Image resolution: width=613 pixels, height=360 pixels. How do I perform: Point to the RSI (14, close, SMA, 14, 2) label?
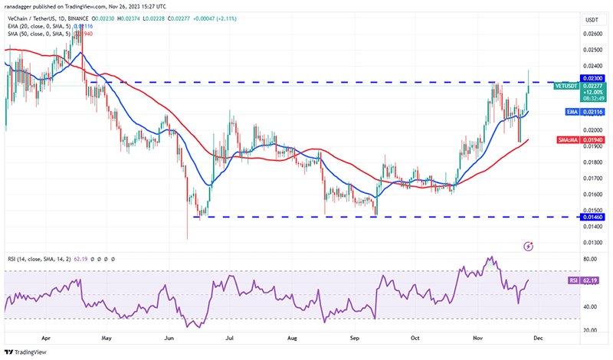click(x=38, y=259)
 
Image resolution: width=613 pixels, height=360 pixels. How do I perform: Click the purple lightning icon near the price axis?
click(x=528, y=246)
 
